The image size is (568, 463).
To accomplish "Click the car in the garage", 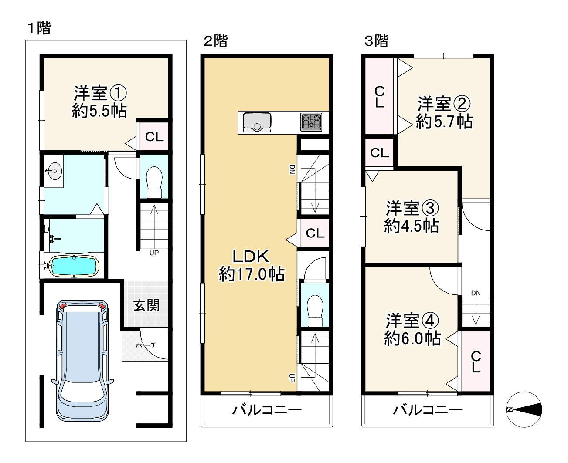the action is click(82, 361).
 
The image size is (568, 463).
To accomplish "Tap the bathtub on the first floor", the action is click(74, 266).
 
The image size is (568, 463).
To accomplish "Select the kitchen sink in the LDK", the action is click(257, 122).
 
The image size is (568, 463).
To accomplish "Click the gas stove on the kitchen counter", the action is click(311, 122).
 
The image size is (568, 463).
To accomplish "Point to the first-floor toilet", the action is click(154, 182).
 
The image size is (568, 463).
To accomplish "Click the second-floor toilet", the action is click(315, 311).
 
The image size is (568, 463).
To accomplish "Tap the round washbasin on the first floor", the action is click(54, 171).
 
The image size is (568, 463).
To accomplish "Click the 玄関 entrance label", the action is click(146, 305).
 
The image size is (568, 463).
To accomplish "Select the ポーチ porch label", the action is click(146, 345).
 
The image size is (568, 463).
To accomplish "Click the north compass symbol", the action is click(524, 409).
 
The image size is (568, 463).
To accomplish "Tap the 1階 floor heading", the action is click(39, 28).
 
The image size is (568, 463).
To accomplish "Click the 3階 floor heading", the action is click(376, 41).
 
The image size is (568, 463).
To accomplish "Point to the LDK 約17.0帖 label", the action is click(251, 265).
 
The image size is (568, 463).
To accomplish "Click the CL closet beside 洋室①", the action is click(154, 136).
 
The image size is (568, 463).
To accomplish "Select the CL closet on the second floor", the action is click(315, 233).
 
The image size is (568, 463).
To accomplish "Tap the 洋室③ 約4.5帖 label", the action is click(412, 217).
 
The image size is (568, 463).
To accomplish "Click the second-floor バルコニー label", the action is click(267, 410).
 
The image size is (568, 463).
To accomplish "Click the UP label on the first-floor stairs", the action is click(154, 253).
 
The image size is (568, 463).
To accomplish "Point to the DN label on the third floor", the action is click(476, 293).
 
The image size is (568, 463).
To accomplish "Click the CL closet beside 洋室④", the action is click(476, 362).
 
